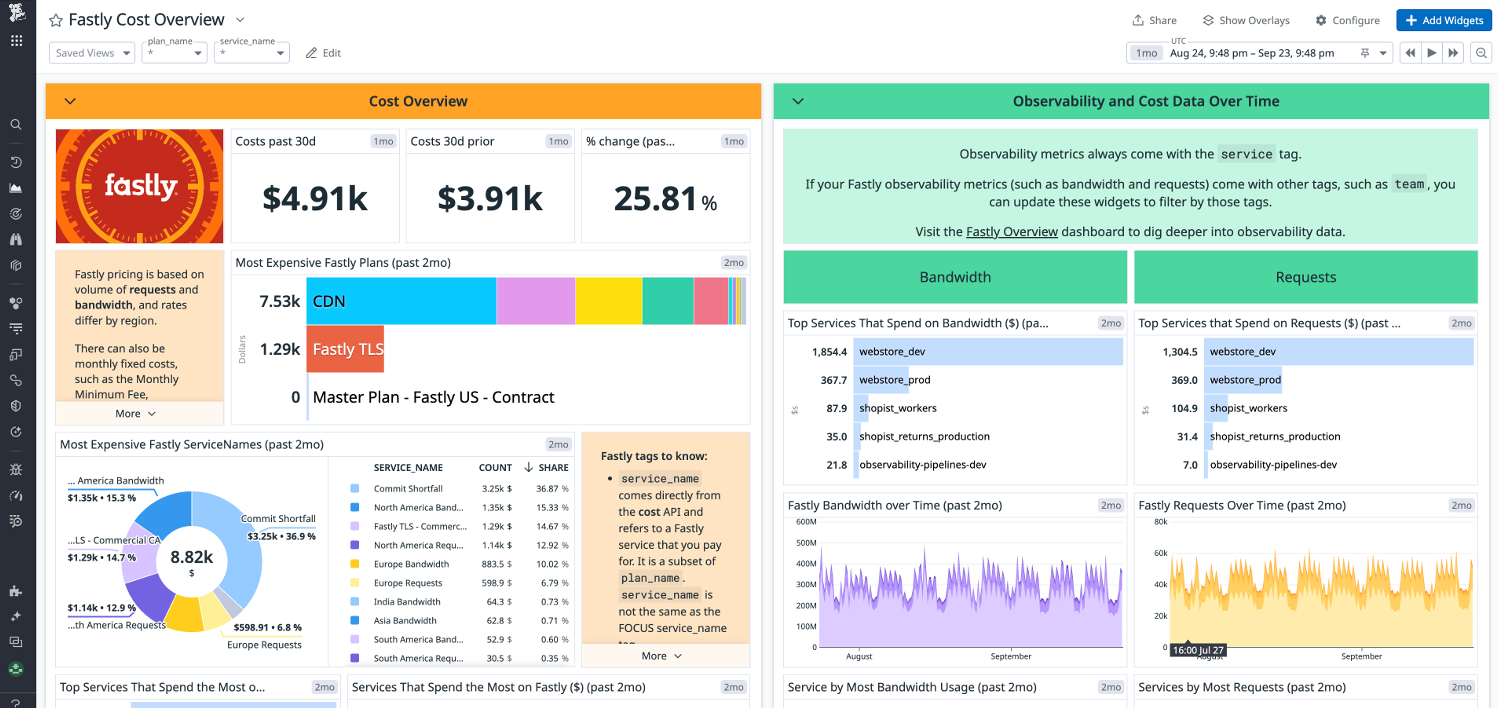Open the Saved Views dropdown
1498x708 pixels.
pos(92,53)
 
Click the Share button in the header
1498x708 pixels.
pos(1154,20)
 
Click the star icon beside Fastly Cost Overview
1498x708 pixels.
pos(56,20)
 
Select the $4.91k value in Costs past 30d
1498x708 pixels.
pos(315,198)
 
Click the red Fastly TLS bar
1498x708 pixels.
pos(346,349)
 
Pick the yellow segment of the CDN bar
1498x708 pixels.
pos(608,301)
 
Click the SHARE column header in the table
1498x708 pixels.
pos(552,468)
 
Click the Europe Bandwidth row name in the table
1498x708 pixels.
pos(411,564)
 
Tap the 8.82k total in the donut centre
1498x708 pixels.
pos(191,557)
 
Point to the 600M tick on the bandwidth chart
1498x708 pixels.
pos(806,522)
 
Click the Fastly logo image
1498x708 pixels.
pos(139,186)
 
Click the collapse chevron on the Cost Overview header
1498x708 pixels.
pos(70,101)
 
